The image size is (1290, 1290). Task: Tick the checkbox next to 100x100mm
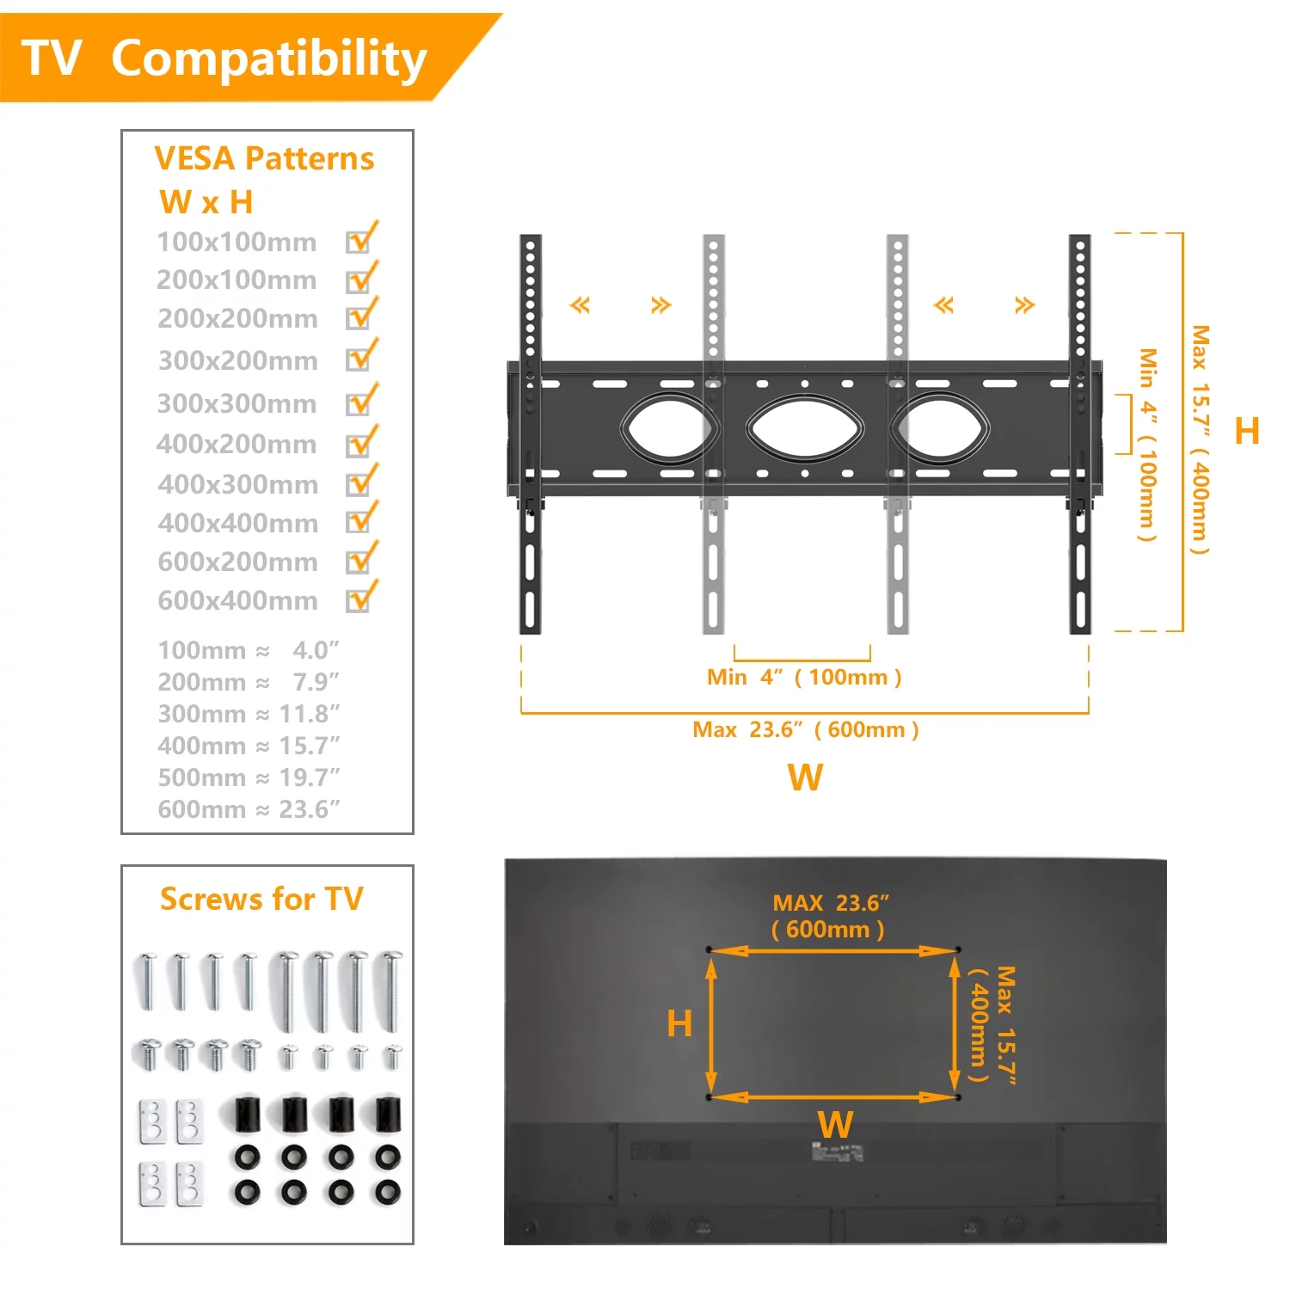(x=359, y=242)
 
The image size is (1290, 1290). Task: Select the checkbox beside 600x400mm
(x=359, y=599)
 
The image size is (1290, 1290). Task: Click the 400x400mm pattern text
(x=238, y=523)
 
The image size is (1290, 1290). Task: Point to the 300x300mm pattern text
(x=237, y=403)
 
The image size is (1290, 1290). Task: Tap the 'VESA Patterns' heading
(x=264, y=159)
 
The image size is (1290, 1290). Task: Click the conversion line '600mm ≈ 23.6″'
(x=249, y=809)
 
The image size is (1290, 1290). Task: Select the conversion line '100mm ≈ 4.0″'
(x=249, y=650)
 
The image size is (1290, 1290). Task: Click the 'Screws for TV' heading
(x=262, y=900)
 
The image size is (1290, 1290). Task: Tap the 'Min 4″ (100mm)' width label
(x=804, y=677)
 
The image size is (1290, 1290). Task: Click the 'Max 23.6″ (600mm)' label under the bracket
(x=806, y=730)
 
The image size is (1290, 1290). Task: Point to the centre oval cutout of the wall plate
(x=805, y=427)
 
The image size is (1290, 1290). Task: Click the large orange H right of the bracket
(x=1246, y=431)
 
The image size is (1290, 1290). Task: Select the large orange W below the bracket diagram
(x=806, y=777)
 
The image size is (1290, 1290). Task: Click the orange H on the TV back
(x=679, y=1023)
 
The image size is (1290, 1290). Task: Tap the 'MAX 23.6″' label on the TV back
(x=830, y=903)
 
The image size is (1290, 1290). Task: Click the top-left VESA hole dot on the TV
(x=709, y=949)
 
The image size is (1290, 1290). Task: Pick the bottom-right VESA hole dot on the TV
(x=957, y=1097)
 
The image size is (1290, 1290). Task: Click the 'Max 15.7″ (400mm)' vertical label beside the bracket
(x=1200, y=439)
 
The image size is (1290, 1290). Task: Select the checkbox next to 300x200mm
(x=359, y=359)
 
